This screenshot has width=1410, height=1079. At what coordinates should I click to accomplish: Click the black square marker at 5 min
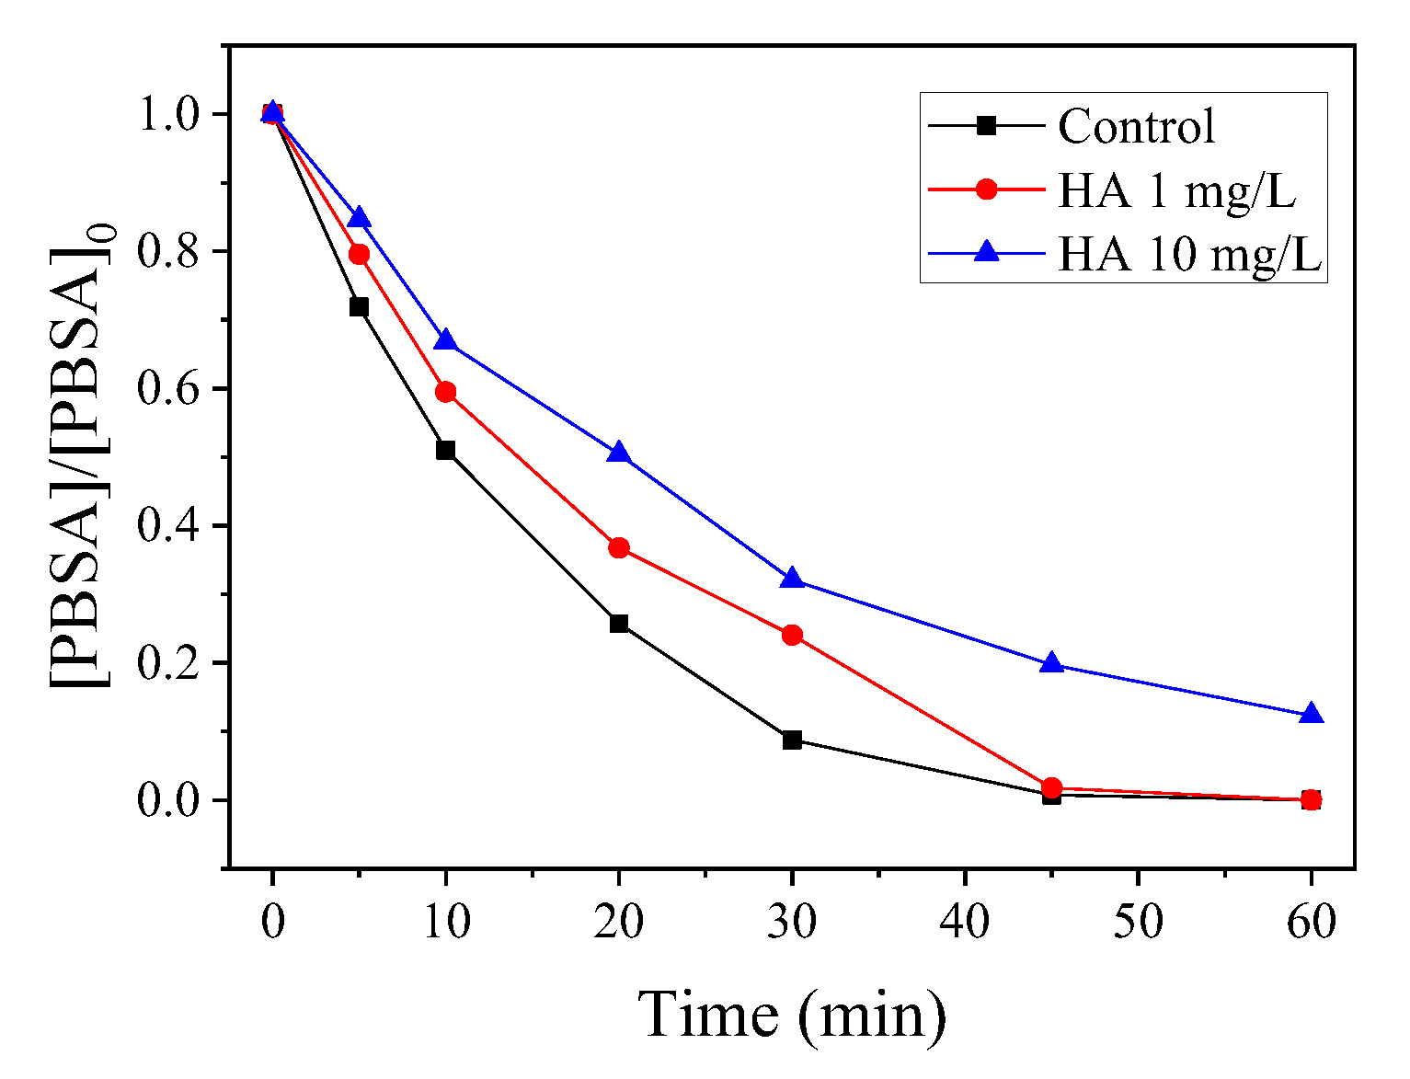coord(359,307)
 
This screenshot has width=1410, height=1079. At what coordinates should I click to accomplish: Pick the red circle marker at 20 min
coord(619,548)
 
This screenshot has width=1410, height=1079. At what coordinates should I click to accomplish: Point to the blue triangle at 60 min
coord(1312,715)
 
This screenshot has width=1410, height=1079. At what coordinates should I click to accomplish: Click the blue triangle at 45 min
coord(1051,663)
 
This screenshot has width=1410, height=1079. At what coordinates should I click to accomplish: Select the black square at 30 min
coord(792,740)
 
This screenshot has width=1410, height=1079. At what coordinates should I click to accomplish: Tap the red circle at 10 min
coord(446,393)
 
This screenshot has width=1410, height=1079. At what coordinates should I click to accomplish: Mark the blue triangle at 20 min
coord(619,453)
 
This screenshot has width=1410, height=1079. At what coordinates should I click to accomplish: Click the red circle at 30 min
coord(792,635)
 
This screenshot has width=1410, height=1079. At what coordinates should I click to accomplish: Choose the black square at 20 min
coord(619,624)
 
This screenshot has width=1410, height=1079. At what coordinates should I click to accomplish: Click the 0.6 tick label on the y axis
coord(169,389)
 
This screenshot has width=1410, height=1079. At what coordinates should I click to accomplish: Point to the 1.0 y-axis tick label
coord(169,114)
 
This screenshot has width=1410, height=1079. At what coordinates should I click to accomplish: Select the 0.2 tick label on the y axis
coord(169,663)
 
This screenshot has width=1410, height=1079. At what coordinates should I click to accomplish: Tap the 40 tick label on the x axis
coord(965,922)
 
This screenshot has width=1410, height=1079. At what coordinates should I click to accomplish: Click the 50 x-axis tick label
coord(1138,922)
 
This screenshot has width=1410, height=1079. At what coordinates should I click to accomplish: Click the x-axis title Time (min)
coord(792,1015)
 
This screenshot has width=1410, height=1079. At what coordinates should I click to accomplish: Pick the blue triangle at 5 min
coord(359,218)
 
